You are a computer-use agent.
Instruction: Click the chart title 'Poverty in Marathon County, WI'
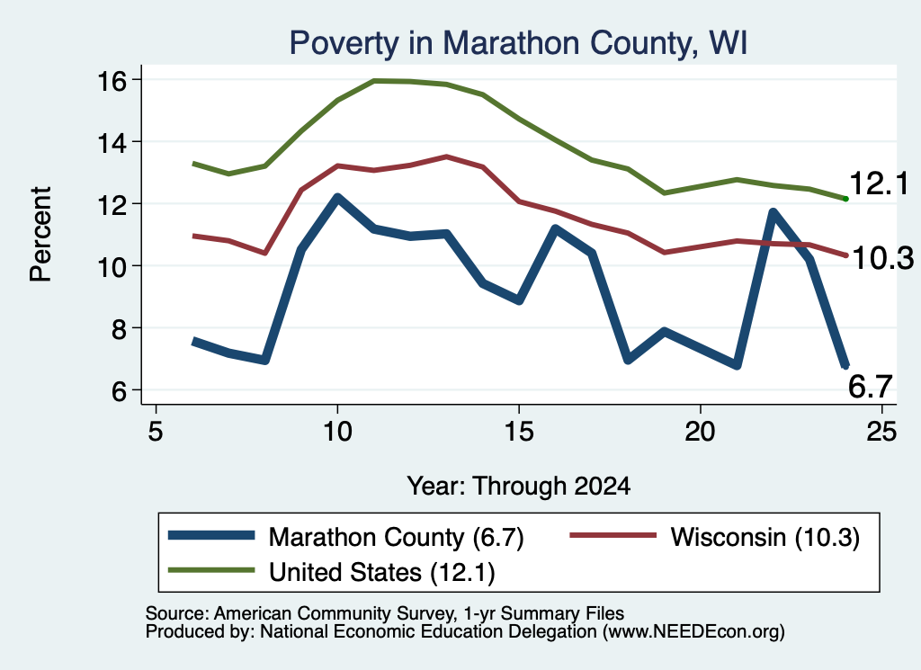point(518,43)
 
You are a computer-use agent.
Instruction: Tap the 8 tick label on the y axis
point(119,329)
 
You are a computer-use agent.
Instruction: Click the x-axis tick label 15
point(519,432)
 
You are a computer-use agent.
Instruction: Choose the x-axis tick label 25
point(881,432)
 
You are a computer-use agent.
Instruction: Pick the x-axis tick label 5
point(155,432)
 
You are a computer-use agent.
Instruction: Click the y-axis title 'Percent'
point(40,235)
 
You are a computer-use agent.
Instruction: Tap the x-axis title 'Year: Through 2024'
point(519,487)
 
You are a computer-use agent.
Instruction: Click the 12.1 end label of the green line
point(879,183)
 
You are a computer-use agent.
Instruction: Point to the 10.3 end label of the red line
point(882,258)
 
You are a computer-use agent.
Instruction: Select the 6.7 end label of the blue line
point(871,387)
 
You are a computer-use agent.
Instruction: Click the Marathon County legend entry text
point(396,537)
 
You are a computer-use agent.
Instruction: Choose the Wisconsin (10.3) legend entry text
point(765,537)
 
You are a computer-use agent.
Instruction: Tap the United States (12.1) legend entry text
point(381,572)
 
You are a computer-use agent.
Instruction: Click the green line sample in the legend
point(211,570)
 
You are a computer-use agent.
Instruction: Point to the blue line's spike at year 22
point(773,212)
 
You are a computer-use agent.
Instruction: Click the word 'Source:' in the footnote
point(177,613)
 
